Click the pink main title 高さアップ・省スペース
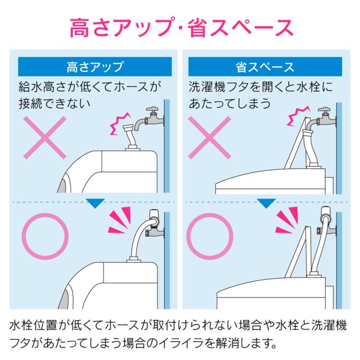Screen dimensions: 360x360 click(181, 28)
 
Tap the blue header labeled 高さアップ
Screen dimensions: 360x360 click(95, 66)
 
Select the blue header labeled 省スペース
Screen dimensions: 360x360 click(265, 66)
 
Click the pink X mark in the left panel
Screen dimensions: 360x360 click(45, 138)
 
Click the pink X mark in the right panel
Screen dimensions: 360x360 click(210, 138)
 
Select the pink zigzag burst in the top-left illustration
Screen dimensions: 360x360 click(119, 123)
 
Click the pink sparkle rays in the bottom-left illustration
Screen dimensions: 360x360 click(120, 220)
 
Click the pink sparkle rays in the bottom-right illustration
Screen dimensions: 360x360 click(286, 220)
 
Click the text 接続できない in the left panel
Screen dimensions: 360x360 click(55, 103)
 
